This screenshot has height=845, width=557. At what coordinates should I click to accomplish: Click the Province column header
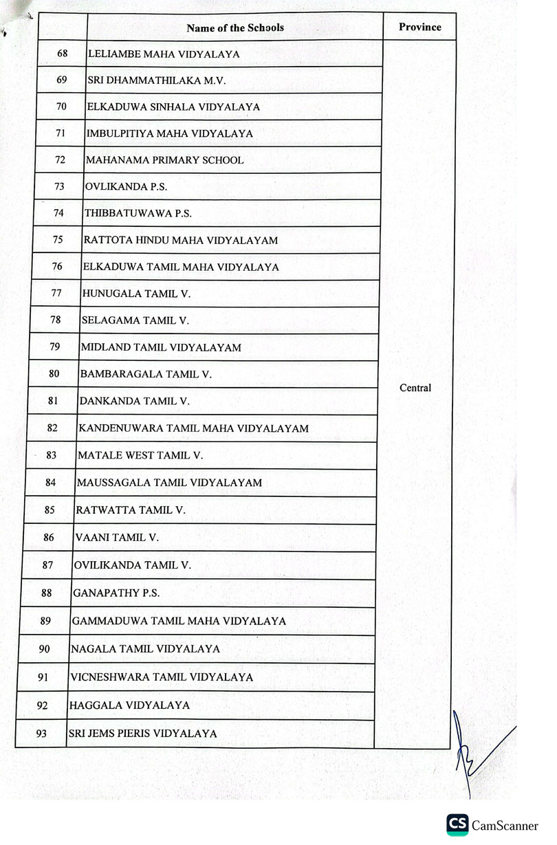419,27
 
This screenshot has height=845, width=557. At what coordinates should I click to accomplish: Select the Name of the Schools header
235,28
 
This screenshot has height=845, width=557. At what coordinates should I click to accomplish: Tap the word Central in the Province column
415,388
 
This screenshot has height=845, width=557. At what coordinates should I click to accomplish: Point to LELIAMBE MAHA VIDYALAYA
163,54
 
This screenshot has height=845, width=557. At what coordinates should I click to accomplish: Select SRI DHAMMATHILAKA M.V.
157,80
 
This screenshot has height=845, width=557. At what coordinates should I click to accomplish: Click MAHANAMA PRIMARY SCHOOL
164,160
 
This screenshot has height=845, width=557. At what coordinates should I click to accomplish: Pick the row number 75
58,240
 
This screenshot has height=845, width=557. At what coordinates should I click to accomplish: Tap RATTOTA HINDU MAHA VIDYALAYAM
180,241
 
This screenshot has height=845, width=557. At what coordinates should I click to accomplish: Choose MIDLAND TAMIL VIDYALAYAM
161,348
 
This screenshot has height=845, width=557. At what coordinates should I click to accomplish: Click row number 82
53,428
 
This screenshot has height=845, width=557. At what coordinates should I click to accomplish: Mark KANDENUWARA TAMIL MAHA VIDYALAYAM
193,428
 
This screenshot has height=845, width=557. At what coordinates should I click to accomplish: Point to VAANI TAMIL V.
116,538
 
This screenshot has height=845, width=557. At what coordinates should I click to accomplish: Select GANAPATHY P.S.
116,593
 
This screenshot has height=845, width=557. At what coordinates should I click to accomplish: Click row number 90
44,648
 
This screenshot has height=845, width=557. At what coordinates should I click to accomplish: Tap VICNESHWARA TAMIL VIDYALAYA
162,677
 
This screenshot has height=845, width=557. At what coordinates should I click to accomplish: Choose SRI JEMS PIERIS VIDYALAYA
142,734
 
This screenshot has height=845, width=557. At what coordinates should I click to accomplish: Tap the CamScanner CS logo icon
457,824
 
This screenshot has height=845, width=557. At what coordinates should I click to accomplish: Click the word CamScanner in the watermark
505,825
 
